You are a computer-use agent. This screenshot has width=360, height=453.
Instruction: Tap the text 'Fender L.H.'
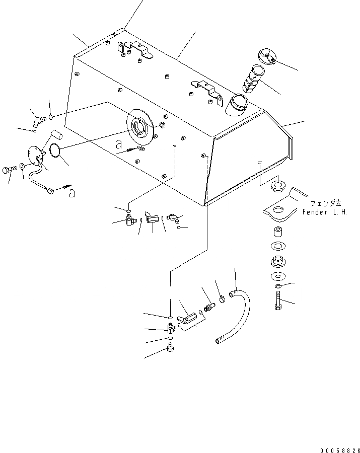(x=325, y=212)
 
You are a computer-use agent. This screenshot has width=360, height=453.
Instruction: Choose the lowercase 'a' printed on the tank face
(x=119, y=144)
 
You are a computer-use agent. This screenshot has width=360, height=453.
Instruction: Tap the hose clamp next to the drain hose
(x=221, y=301)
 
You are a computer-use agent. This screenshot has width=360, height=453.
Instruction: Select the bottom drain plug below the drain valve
(x=171, y=347)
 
